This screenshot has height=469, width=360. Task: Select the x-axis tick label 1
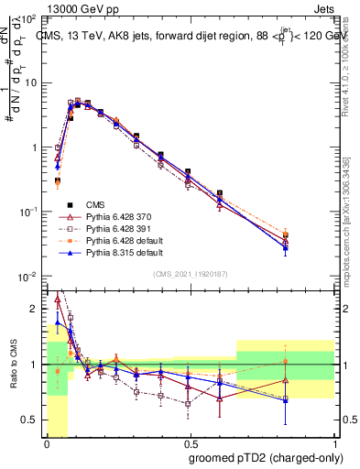point(334,442)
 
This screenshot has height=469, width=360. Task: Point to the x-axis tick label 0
point(46,442)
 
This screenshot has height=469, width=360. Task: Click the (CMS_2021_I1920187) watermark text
point(190,272)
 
